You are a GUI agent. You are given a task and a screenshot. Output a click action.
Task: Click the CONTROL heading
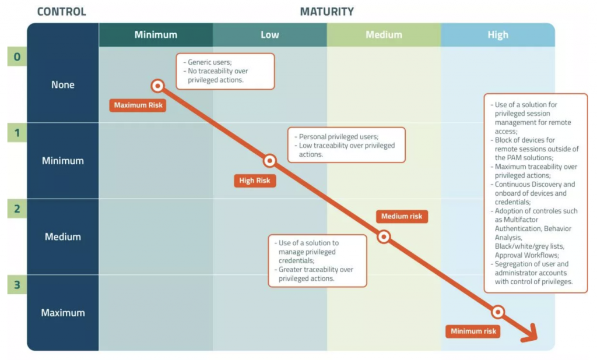[62, 12]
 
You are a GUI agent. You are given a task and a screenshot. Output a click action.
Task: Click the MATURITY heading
[326, 12]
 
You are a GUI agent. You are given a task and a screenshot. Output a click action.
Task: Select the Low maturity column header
[270, 34]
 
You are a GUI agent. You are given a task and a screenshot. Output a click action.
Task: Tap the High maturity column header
[498, 34]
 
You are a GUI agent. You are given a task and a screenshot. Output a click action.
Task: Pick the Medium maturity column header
[384, 34]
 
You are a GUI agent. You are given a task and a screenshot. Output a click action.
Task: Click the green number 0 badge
[17, 57]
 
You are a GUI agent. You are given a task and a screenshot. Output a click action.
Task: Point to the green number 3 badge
[17, 285]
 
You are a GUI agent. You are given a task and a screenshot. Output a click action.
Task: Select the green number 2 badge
[17, 209]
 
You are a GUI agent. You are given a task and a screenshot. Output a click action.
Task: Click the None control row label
[63, 84]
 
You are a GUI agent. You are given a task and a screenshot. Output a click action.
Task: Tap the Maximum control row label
[63, 313]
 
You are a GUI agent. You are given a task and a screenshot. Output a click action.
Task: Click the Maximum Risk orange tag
[138, 105]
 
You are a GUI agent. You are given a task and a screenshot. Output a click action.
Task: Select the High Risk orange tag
[255, 181]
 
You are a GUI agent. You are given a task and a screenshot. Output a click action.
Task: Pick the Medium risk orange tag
[402, 216]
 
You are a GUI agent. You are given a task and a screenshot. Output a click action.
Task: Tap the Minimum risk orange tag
[473, 331]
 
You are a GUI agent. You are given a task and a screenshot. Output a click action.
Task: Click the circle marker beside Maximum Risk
[157, 86]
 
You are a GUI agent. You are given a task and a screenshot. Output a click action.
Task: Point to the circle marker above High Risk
[269, 161]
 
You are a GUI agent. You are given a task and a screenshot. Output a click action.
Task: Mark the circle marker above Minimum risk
[498, 312]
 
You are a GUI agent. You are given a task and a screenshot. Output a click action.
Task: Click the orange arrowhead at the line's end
[529, 333]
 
